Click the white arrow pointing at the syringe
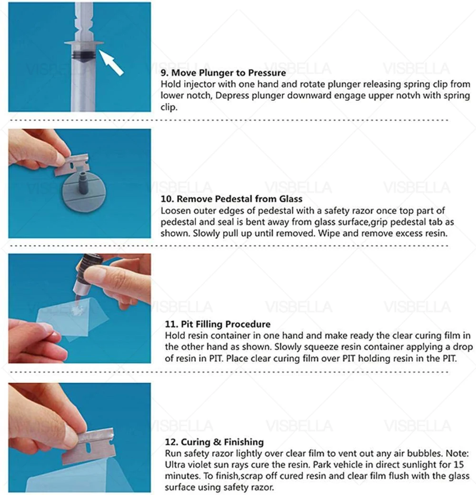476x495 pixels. point(112,63)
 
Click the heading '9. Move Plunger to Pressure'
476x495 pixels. point(223,73)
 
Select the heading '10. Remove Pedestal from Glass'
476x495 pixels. point(231,198)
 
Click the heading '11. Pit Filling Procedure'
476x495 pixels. point(218,324)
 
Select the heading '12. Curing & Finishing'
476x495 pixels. point(214,442)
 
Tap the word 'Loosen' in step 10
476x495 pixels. point(175,210)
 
